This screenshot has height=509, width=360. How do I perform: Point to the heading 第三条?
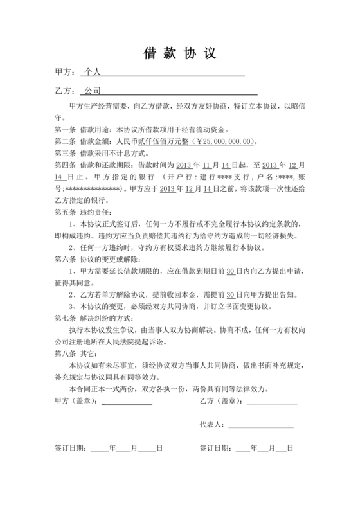[66, 154]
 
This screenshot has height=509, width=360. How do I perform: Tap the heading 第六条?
[66, 260]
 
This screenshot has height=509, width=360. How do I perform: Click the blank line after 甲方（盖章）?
[127, 403]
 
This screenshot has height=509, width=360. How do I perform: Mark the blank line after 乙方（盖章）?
[271, 403]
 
